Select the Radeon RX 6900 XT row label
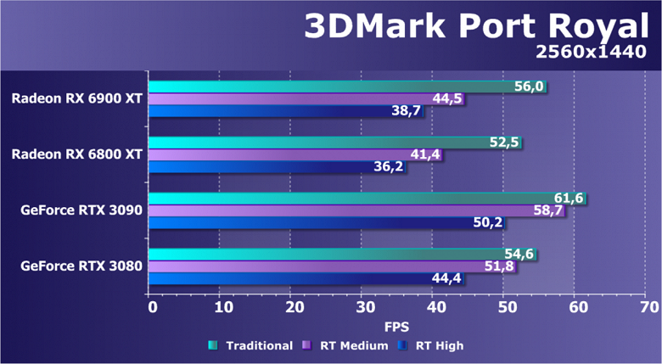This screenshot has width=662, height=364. click(77, 98)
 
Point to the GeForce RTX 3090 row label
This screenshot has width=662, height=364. click(81, 210)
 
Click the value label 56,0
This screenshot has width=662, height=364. click(529, 86)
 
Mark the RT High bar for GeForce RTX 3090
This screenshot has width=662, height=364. click(323, 223)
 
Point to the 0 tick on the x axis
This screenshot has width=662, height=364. click(152, 306)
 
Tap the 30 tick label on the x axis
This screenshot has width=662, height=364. click(362, 306)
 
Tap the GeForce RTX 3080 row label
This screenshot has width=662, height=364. click(81, 266)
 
